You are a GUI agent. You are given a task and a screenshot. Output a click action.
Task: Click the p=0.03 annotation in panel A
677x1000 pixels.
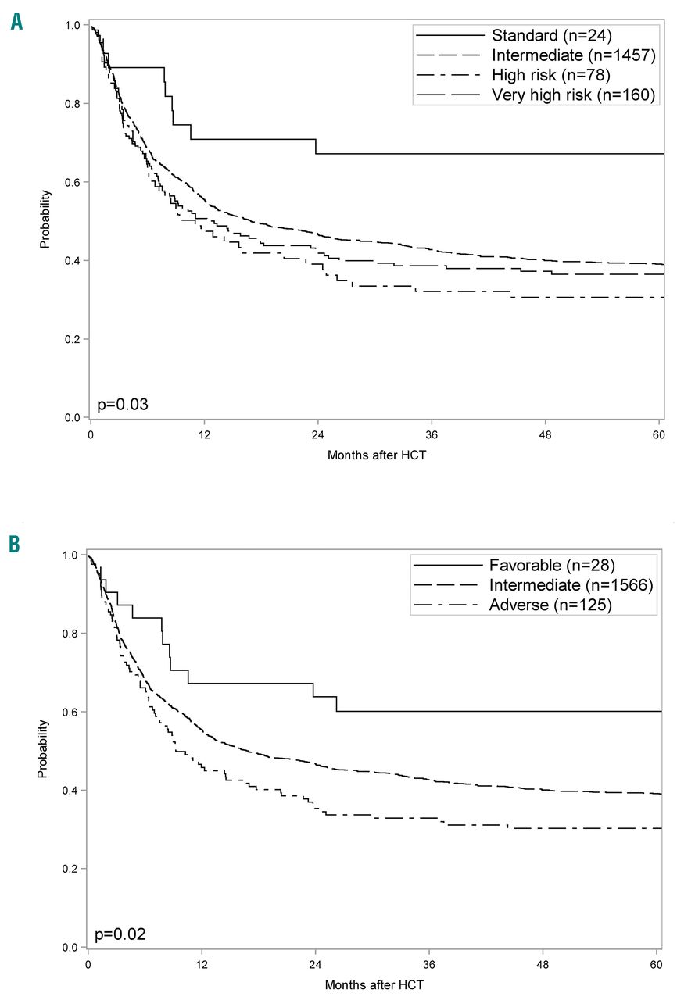(x=123, y=405)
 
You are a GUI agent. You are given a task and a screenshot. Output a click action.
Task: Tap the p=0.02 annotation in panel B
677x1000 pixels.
(x=120, y=934)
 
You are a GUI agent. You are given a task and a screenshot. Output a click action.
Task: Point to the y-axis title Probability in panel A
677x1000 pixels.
(x=45, y=220)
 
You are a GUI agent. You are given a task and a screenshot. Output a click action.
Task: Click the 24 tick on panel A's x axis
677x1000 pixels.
(x=318, y=434)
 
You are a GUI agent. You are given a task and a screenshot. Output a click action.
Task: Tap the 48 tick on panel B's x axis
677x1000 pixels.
(x=544, y=964)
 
